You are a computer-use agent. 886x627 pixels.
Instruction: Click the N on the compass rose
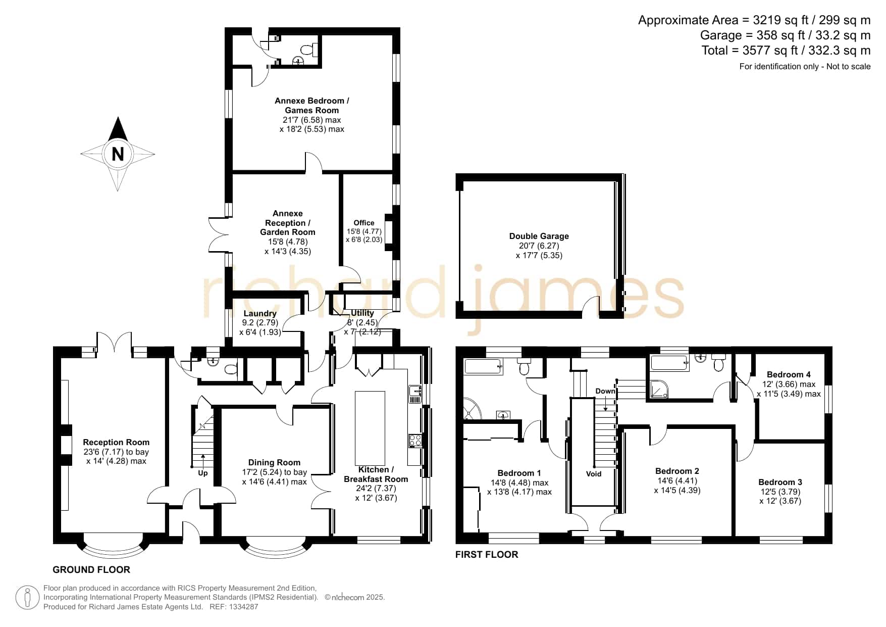coord(118,153)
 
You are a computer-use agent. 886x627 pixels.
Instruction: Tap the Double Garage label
coord(539,236)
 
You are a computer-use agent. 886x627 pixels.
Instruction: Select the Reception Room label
coord(116,442)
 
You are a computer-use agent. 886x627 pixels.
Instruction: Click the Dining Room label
coord(274,462)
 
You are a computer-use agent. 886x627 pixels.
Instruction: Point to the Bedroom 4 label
coord(789,374)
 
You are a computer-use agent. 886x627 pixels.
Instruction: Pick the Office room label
coord(364,223)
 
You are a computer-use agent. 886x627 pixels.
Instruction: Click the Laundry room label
coord(260,313)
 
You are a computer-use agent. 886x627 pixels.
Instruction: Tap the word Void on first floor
coord(594,473)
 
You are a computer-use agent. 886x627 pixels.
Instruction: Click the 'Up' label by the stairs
coord(202,473)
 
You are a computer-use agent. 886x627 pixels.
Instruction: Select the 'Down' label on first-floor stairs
coord(605,391)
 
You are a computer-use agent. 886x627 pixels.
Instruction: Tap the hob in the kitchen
coord(415,441)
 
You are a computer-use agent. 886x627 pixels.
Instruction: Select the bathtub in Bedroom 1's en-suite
coord(484,366)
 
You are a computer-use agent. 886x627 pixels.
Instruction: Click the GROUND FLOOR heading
coord(91,570)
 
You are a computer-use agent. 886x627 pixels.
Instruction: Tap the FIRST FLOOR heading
coord(487,555)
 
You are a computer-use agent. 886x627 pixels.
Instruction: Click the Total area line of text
coord(786,51)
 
